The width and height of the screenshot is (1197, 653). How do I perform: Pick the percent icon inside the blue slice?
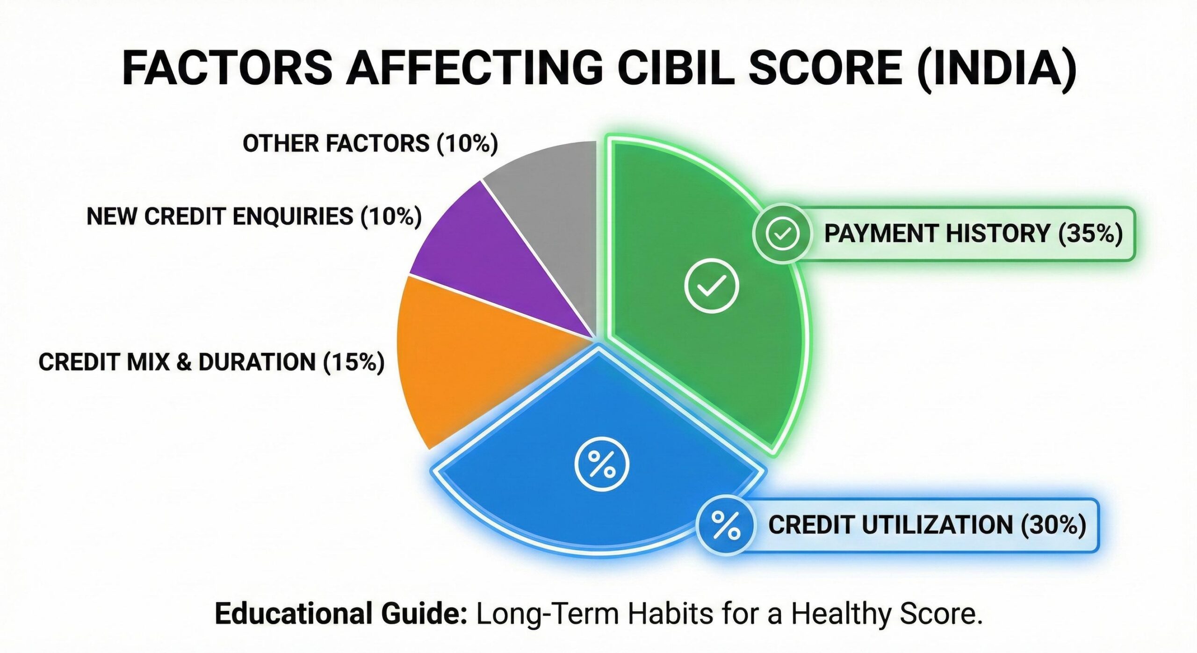tap(602, 464)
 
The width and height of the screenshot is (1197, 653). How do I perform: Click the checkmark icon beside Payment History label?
tap(782, 233)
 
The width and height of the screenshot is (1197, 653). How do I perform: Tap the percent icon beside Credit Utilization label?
tap(725, 525)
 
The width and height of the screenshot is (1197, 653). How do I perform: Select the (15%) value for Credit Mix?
tap(354, 362)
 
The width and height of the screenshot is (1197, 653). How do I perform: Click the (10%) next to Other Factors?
tap(467, 143)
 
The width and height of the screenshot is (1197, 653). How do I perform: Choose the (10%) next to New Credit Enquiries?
tap(391, 217)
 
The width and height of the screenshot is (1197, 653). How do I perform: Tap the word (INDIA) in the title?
tap(996, 68)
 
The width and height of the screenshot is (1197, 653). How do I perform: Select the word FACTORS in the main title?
tap(227, 68)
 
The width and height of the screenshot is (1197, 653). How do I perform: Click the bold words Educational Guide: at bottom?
tap(341, 614)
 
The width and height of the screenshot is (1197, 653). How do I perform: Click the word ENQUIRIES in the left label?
tap(292, 217)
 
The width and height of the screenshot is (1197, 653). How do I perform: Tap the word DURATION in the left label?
tap(257, 362)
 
